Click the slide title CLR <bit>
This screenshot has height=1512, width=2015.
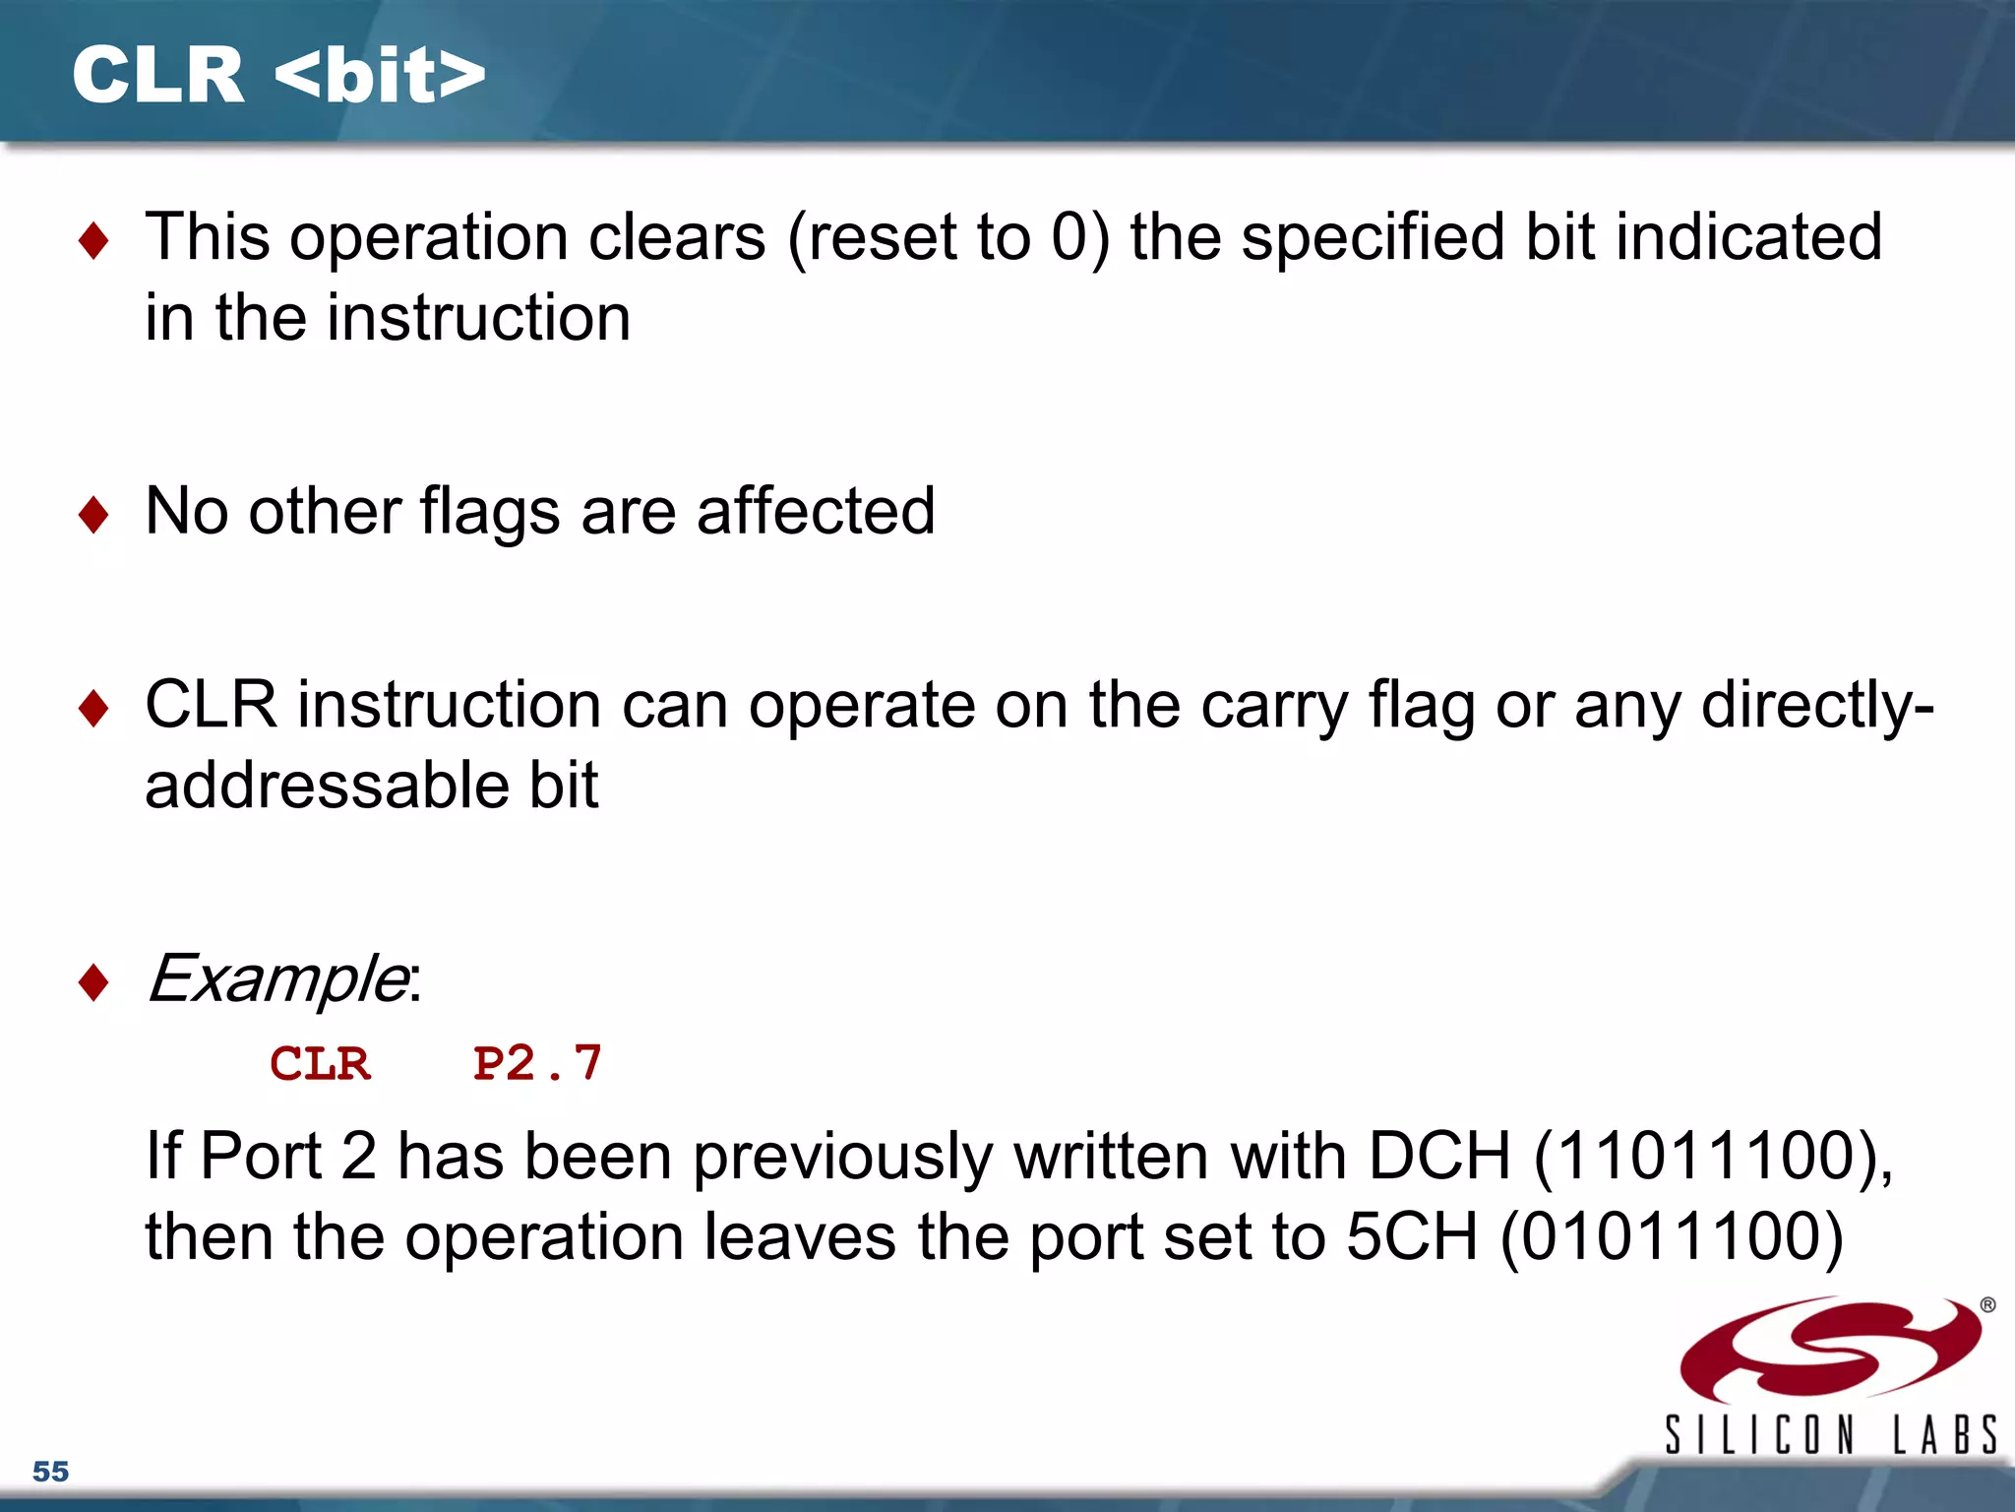278,76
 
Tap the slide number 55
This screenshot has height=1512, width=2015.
51,1472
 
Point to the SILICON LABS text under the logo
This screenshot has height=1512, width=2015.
1831,1435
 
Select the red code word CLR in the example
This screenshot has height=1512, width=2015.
321,1064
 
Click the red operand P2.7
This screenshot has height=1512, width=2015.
537,1064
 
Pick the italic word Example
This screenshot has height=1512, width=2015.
277,979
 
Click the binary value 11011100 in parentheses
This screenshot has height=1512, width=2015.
1707,1156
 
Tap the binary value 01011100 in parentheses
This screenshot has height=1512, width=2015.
1673,1236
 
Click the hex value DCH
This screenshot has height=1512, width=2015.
1438,1156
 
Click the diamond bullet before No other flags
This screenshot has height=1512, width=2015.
93,515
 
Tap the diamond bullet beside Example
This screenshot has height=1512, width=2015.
93,982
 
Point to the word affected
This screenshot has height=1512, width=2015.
816,512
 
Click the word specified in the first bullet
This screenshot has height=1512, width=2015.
1373,238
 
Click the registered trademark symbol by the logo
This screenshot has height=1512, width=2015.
1987,1305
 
